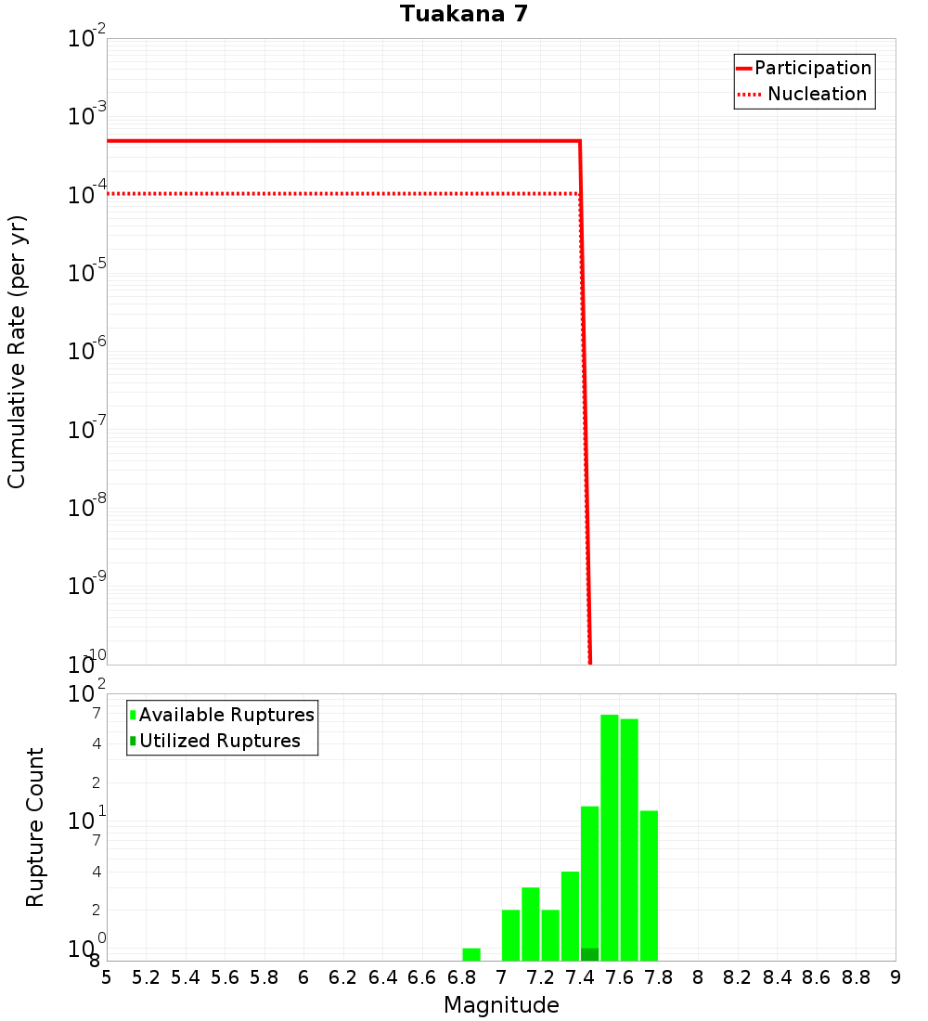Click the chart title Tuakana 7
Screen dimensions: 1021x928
click(464, 14)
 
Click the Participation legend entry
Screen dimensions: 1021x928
click(812, 68)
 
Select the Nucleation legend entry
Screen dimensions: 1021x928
click(816, 94)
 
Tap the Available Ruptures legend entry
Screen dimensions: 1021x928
click(226, 715)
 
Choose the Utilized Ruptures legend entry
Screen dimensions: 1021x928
click(219, 741)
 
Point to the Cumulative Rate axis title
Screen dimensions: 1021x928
click(17, 351)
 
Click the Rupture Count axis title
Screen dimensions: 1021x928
click(35, 827)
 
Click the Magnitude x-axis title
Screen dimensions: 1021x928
click(501, 1005)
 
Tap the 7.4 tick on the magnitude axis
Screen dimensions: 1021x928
click(580, 977)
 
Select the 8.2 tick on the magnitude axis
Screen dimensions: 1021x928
click(738, 977)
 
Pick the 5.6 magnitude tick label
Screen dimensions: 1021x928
click(225, 977)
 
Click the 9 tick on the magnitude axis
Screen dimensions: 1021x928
click(896, 977)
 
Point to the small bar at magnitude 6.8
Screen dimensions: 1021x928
click(471, 954)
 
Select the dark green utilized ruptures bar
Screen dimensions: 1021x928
click(589, 954)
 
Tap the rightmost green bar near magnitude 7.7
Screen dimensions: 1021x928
click(649, 885)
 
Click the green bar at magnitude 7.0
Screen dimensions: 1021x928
click(510, 935)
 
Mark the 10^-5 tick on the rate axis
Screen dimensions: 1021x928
click(88, 273)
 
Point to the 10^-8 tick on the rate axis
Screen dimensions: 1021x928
click(88, 508)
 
